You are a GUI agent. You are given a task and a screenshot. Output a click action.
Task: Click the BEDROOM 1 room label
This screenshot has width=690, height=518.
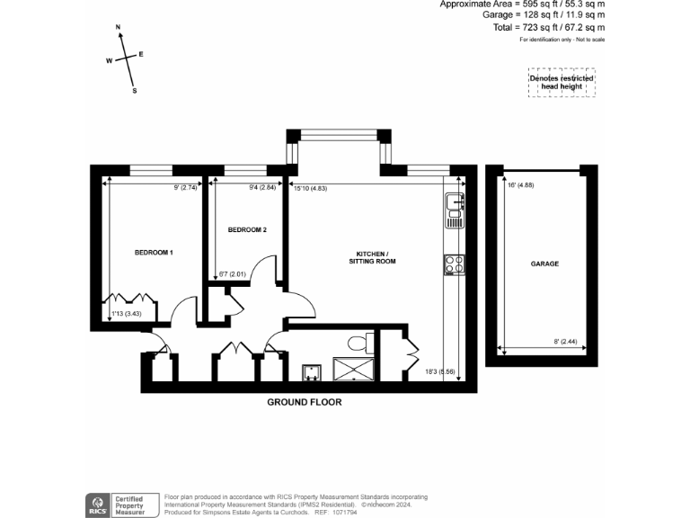pyautogui.click(x=153, y=253)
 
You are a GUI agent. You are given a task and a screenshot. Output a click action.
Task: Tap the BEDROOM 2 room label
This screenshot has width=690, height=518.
pyautogui.click(x=246, y=230)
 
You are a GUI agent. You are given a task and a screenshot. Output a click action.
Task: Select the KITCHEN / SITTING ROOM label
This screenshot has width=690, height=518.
pyautogui.click(x=372, y=257)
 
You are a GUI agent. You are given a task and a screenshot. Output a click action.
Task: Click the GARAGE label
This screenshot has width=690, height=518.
pyautogui.click(x=544, y=264)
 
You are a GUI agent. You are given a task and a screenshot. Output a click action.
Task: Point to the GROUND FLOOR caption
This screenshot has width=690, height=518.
pyautogui.click(x=305, y=403)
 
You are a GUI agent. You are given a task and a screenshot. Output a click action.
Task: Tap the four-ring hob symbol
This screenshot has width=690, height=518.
pyautogui.click(x=454, y=264)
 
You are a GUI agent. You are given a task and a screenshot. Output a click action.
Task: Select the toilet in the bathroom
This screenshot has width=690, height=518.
pyautogui.click(x=361, y=342)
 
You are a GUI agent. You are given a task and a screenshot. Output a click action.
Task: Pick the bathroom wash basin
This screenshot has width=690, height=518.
pyautogui.click(x=312, y=371)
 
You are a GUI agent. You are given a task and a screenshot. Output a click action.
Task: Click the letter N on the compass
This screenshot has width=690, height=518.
pyautogui.click(x=119, y=29)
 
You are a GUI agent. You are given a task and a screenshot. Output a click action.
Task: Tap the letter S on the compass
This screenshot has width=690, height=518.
pyautogui.click(x=135, y=91)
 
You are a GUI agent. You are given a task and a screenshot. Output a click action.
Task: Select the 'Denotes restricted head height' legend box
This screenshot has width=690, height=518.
pyautogui.click(x=561, y=84)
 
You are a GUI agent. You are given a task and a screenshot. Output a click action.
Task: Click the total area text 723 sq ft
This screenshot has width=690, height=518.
pyautogui.click(x=563, y=28)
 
